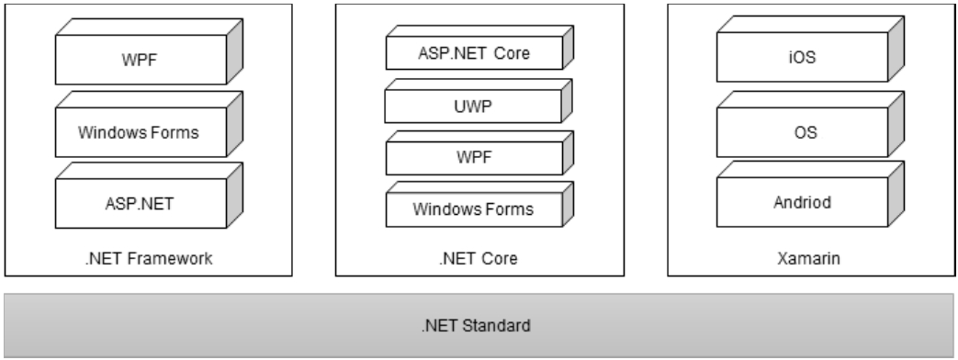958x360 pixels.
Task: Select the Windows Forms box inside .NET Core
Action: click(472, 209)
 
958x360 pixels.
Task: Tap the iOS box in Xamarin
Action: click(802, 63)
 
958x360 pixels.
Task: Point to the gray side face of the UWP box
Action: click(562, 103)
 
